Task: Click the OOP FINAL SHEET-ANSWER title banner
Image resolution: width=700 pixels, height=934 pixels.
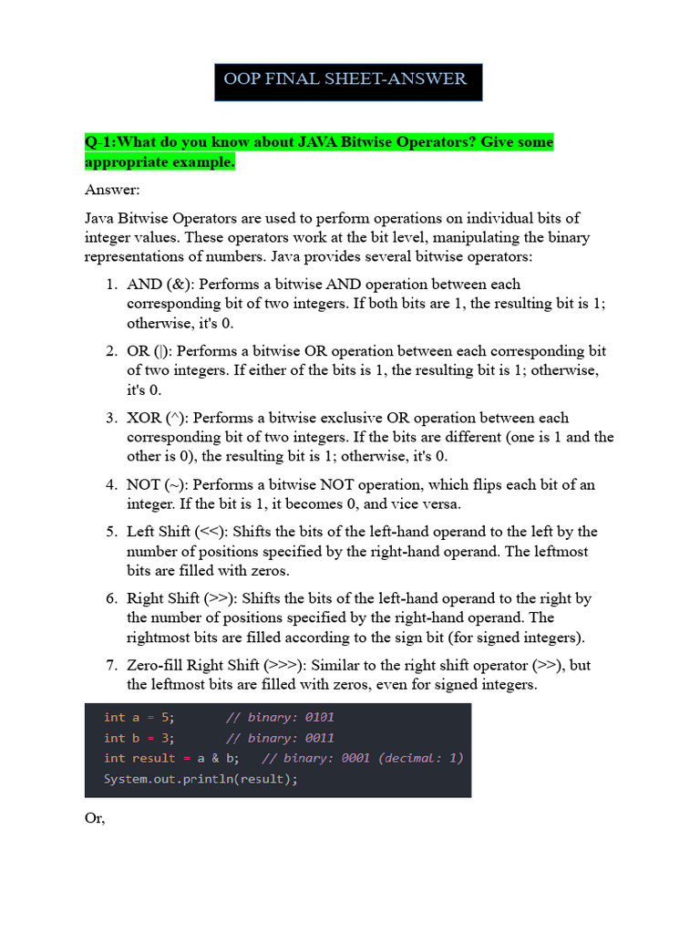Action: (x=345, y=79)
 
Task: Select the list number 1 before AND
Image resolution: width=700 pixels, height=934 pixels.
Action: (x=109, y=285)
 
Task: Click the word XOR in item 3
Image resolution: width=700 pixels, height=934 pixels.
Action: (x=144, y=418)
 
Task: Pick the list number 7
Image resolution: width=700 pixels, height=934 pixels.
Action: (x=109, y=665)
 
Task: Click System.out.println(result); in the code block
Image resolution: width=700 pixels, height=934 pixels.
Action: (x=201, y=779)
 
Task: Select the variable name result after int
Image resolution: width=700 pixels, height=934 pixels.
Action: (x=153, y=759)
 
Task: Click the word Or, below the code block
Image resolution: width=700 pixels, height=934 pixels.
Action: (x=95, y=819)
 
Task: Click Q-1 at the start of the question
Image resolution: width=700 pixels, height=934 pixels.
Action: (x=99, y=142)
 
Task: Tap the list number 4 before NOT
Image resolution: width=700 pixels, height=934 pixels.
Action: (x=109, y=484)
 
